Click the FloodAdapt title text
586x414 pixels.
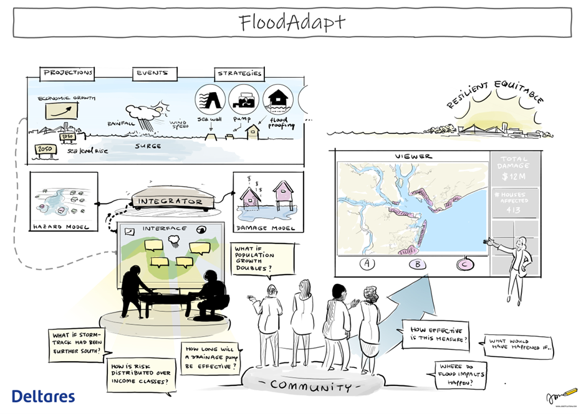[x=292, y=22]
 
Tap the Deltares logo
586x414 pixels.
[x=43, y=397]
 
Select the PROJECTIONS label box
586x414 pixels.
[x=68, y=73]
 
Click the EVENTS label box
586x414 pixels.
[x=152, y=73]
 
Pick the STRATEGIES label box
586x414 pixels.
[x=239, y=73]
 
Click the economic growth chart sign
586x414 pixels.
[x=62, y=111]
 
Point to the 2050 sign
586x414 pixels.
[x=44, y=150]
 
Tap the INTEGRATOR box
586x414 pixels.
[x=170, y=201]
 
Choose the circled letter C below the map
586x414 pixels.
[x=464, y=263]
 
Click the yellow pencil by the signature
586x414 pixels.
[x=569, y=393]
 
